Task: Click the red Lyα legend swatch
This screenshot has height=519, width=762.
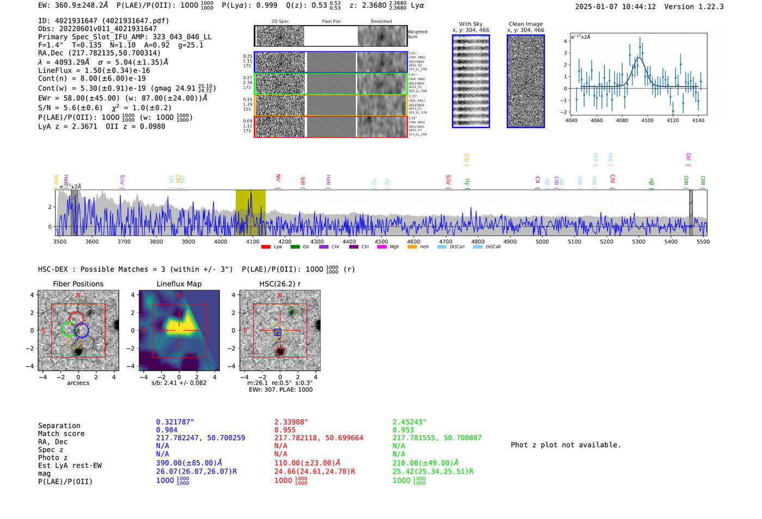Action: pos(266,247)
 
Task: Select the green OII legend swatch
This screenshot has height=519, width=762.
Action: pos(295,247)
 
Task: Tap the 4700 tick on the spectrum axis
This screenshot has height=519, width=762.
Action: pos(446,242)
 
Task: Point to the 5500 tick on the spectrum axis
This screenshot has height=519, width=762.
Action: pos(703,242)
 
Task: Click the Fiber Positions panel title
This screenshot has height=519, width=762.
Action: pos(78,284)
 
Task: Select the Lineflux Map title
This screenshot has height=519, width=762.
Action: pos(179,284)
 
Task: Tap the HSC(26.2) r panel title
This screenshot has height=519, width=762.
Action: pos(280,284)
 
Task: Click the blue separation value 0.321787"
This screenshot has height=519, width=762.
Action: pos(175,422)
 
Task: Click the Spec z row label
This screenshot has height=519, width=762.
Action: pos(51,449)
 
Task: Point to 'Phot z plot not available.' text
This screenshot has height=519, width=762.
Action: pos(566,445)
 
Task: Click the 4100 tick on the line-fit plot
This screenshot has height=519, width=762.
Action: pos(647,120)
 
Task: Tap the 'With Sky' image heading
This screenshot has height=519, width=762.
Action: pos(470,24)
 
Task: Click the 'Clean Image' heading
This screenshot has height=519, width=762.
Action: pos(525,24)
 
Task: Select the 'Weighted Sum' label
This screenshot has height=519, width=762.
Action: pos(417,34)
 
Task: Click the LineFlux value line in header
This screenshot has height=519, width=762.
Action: pos(94,70)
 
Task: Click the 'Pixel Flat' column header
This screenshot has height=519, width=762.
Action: pos(331,21)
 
